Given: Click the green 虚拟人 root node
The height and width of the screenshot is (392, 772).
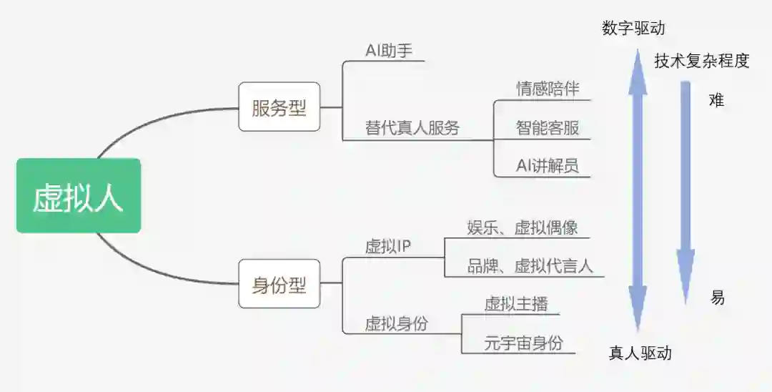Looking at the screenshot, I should coord(79,196).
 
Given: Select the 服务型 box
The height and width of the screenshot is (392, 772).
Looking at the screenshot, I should coord(279,107).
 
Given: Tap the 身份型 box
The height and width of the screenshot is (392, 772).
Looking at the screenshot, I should coord(279,285).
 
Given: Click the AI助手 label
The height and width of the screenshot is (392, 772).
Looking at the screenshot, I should coord(389,51).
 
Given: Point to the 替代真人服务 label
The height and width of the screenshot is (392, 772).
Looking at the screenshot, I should coord(412,128).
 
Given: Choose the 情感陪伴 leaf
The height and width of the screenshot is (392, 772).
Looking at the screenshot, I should coord(548,89).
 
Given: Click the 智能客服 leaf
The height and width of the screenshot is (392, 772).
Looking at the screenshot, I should coord(548,128).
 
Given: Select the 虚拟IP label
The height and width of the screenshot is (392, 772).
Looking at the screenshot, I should coord(388,246).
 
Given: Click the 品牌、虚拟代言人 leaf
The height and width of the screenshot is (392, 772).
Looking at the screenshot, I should coord(530,265).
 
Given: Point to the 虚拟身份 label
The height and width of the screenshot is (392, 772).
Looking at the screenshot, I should coord(396,323).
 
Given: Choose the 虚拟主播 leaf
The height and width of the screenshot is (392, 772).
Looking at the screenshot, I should coord(516,303).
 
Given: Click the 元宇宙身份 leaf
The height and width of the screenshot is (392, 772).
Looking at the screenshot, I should coord(523,343).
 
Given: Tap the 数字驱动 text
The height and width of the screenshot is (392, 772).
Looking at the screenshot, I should coord(633,28).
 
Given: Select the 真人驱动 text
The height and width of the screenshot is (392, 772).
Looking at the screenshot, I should coord(640,353).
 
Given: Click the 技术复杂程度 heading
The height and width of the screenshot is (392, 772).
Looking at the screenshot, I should coord(701,61).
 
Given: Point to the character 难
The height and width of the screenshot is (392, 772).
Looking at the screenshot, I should coord(716,100).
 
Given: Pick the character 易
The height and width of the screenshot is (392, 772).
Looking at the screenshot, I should coord(717,298).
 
